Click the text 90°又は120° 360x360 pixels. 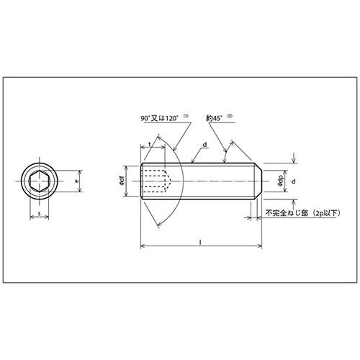160,118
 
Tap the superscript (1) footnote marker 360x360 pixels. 186,116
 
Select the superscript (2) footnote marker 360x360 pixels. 230,116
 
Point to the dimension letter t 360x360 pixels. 150,144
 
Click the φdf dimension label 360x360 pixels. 122,181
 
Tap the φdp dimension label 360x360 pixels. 280,181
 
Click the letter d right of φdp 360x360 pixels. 294,181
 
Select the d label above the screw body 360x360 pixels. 204,145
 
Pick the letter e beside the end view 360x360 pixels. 76,181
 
